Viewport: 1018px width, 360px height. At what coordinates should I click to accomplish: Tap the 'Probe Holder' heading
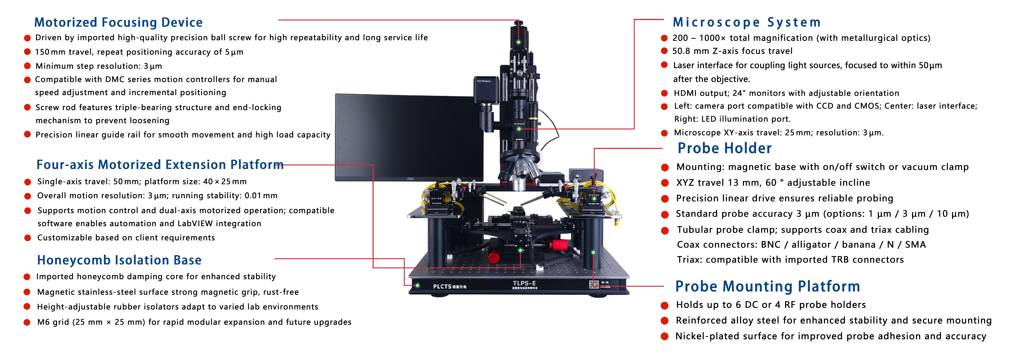tap(724, 148)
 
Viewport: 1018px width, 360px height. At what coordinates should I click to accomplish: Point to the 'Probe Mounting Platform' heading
tap(767, 286)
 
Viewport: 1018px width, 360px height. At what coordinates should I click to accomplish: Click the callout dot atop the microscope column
tap(518, 42)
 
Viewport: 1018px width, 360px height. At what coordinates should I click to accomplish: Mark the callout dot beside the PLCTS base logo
tap(417, 285)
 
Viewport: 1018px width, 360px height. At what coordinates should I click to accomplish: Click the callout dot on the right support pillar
tap(593, 252)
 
